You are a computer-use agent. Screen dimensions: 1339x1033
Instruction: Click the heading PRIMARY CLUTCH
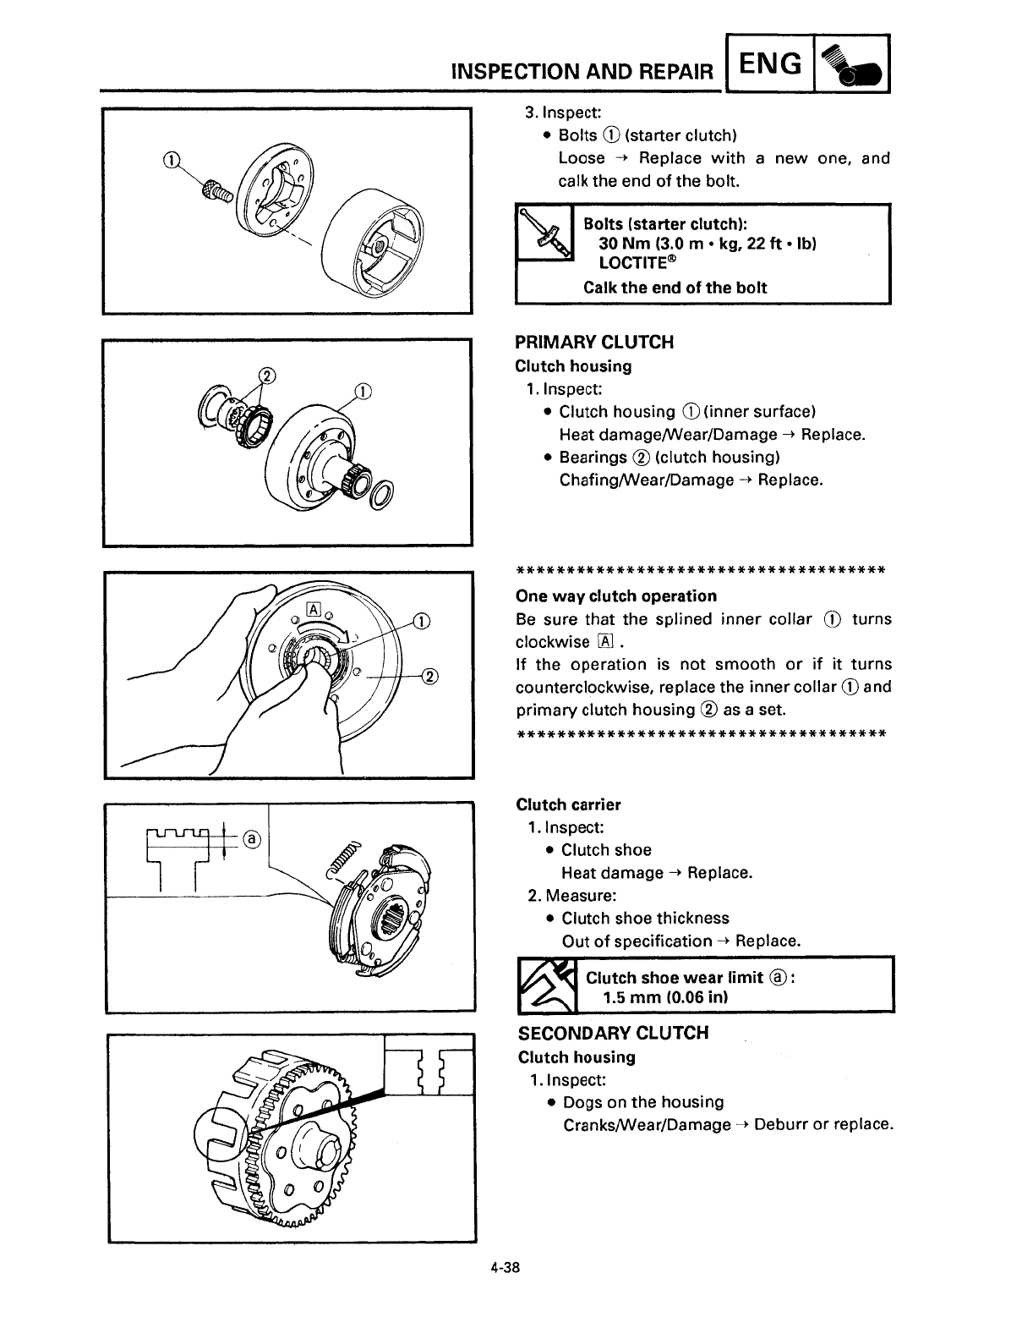click(x=594, y=343)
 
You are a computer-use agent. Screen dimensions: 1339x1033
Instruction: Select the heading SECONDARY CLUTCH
click(x=613, y=1033)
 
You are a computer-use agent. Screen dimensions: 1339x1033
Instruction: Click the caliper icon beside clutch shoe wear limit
click(x=547, y=985)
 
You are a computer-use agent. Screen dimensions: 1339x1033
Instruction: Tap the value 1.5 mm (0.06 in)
click(x=666, y=997)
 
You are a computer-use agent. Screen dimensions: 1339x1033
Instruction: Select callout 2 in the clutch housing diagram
click(x=267, y=376)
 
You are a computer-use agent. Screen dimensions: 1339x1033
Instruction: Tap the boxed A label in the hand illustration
click(x=313, y=609)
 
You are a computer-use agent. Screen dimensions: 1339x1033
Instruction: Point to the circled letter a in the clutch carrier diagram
click(x=252, y=839)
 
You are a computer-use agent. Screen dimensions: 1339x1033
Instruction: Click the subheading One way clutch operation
click(x=615, y=595)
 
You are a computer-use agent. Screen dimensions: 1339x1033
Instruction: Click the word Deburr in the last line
click(x=779, y=1125)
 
